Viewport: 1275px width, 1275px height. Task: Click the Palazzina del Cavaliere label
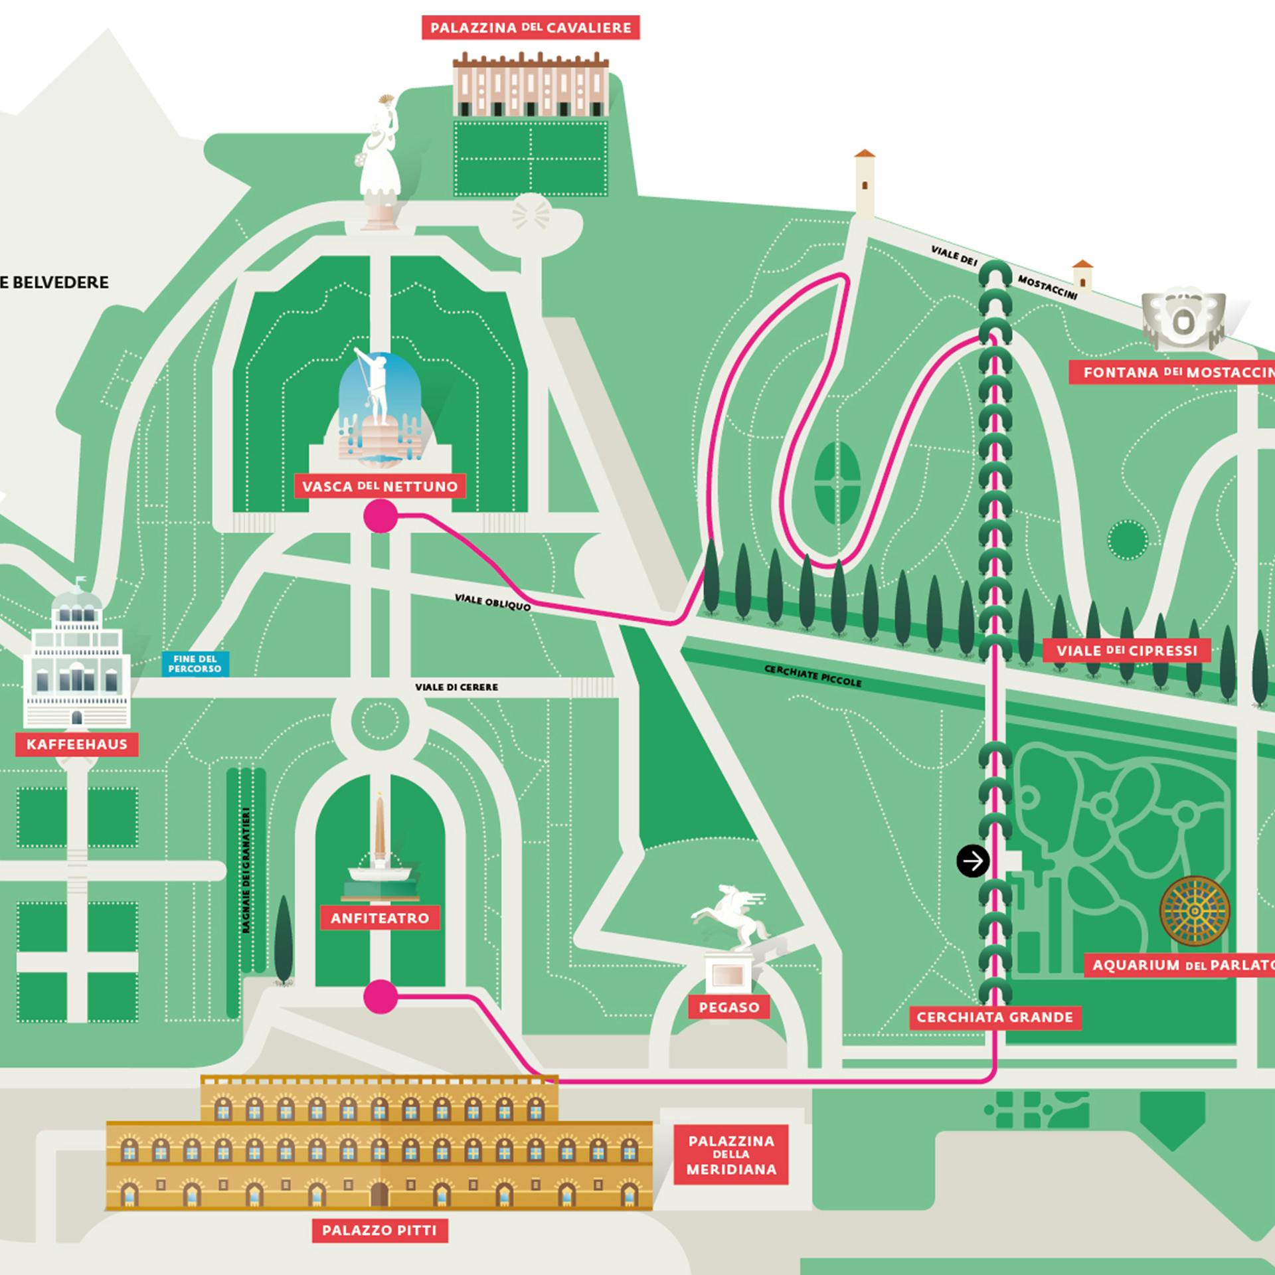coord(531,28)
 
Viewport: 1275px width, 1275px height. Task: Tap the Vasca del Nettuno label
coord(380,486)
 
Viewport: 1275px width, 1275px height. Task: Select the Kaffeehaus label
coord(77,744)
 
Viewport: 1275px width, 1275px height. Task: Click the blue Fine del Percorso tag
coord(195,664)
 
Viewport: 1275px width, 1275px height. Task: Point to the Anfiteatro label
coord(380,918)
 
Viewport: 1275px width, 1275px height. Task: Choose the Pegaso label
coord(728,1007)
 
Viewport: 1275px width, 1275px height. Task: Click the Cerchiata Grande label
coord(995,1017)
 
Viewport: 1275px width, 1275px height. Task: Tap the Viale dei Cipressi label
coord(1127,651)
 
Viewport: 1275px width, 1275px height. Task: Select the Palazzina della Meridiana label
coord(731,1155)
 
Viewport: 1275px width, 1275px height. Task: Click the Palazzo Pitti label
coord(379,1231)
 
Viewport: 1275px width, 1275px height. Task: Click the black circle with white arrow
coord(973,861)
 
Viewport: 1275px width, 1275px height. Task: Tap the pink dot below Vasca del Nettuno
coord(381,516)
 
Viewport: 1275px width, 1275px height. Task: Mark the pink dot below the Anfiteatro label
coord(381,997)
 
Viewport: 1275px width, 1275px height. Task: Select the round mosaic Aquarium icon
coord(1195,910)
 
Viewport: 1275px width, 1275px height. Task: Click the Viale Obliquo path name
coord(493,602)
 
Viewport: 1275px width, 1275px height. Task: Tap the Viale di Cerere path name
coord(456,687)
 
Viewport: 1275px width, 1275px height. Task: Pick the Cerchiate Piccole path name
coord(813,675)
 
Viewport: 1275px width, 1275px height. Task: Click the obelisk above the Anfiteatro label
coord(379,830)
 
